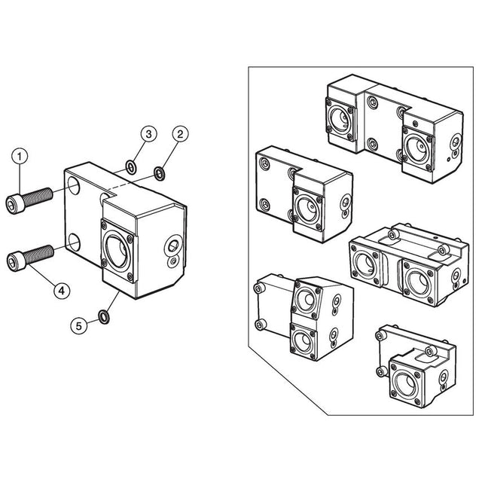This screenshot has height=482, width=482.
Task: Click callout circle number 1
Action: [20, 157]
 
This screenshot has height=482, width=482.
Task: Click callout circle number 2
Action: [181, 134]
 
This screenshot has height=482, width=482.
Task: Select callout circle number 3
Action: [149, 134]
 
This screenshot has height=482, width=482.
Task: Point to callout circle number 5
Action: [79, 326]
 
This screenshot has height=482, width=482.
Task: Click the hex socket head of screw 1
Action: [15, 203]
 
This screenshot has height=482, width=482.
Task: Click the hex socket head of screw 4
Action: [15, 261]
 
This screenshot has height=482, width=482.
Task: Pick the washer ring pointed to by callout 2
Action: [160, 173]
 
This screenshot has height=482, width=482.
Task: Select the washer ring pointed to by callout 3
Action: [131, 167]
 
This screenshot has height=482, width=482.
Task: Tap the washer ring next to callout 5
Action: [104, 317]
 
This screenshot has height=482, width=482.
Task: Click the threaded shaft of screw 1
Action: [38, 197]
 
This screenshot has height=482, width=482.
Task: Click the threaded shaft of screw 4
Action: [38, 255]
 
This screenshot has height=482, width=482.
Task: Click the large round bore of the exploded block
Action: [117, 252]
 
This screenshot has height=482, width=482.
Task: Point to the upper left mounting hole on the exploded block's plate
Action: [73, 185]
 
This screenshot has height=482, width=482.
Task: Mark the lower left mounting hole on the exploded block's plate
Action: [74, 243]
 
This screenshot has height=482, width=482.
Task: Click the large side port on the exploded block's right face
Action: [173, 246]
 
